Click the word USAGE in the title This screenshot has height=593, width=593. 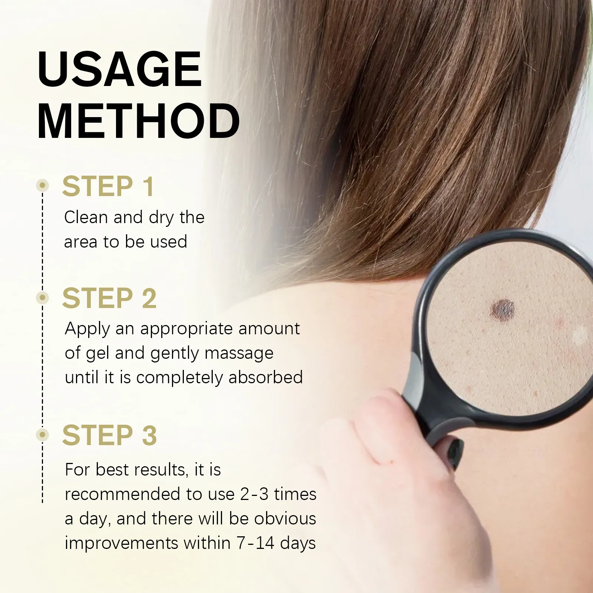point(120,69)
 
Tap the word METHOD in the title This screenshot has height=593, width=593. point(139,121)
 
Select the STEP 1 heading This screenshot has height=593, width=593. point(108,186)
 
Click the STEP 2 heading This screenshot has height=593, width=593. point(109,298)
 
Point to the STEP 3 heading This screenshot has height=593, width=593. point(109,435)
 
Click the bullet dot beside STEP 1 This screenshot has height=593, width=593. point(43,185)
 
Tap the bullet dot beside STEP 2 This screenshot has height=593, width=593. point(43,297)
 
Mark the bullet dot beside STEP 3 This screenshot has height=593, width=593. point(43,434)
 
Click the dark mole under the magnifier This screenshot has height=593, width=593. point(503,309)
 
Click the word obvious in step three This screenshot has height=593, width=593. point(285,519)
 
